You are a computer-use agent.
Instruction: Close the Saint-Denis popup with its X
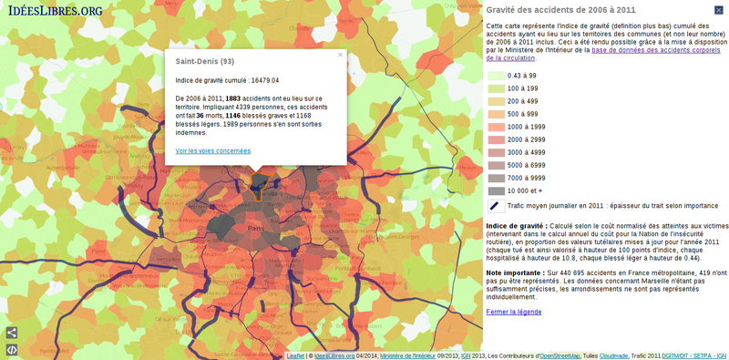tap(340, 55)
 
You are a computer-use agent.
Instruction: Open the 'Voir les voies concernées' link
tap(212, 150)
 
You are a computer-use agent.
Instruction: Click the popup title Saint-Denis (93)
tap(204, 62)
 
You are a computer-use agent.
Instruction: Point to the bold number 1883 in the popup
tap(233, 98)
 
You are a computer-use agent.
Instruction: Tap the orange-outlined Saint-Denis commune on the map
tap(262, 186)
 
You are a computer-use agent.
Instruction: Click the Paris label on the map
tap(255, 228)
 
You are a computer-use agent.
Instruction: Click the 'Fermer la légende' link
tap(513, 312)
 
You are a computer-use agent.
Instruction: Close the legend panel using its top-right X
tap(719, 9)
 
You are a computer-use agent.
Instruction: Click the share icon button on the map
tap(12, 333)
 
